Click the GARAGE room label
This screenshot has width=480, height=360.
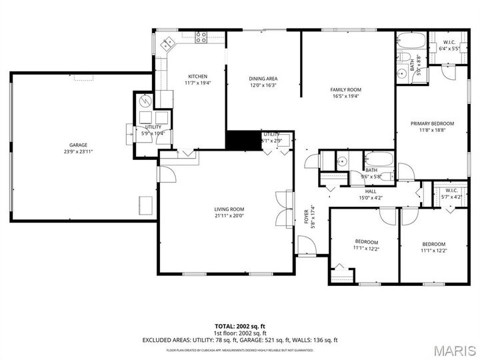pos(78,145)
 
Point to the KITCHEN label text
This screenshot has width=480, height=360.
pos(197,76)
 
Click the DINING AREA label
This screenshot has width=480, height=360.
pos(263,79)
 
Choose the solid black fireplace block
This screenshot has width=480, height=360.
pos(243,139)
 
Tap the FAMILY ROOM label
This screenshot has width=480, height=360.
pos(345,89)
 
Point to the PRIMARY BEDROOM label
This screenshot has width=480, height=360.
pos(432,123)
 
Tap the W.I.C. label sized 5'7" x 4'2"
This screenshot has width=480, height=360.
pos(451,197)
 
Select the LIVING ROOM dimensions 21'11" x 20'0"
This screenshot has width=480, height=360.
pos(229,215)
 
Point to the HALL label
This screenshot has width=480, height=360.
pos(371,191)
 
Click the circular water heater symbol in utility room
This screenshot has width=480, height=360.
pos(145,101)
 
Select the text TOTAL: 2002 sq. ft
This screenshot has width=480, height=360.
pos(240,325)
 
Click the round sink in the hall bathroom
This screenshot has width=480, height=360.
pos(341,161)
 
